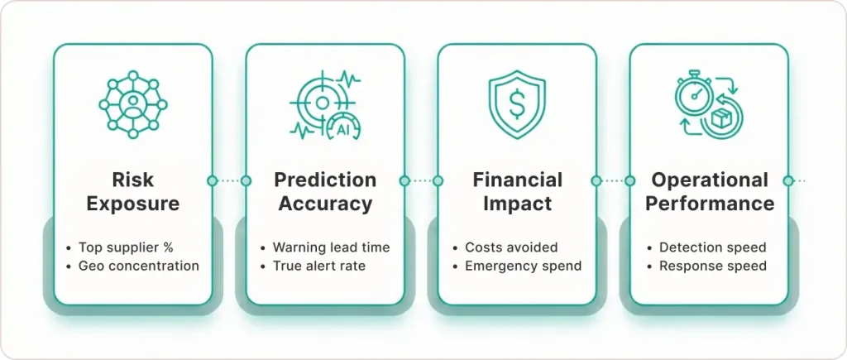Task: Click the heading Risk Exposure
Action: pyautogui.click(x=133, y=191)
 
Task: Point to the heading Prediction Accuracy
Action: pyautogui.click(x=325, y=191)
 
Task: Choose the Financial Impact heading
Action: pyautogui.click(x=517, y=191)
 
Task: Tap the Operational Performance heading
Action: pyautogui.click(x=710, y=191)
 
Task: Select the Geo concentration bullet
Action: pyautogui.click(x=139, y=266)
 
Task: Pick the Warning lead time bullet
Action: pyautogui.click(x=331, y=247)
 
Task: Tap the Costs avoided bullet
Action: pyautogui.click(x=511, y=247)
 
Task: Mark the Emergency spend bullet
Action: pyautogui.click(x=523, y=266)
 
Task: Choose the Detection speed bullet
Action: pyautogui.click(x=712, y=247)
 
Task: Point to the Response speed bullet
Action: pyautogui.click(x=713, y=266)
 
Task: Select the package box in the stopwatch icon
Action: pyautogui.click(x=722, y=120)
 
